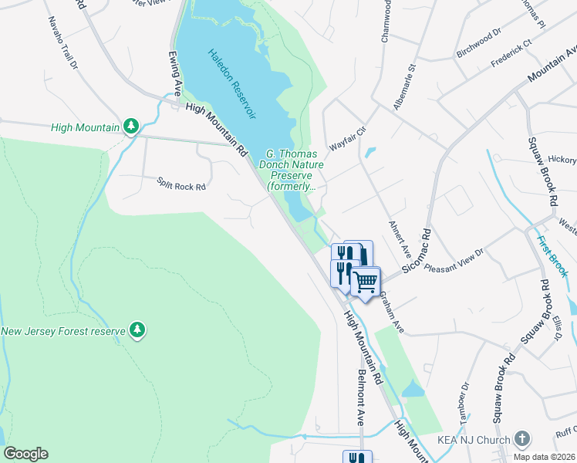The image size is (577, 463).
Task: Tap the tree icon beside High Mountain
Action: tap(131, 126)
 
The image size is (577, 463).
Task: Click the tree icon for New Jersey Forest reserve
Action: tap(137, 330)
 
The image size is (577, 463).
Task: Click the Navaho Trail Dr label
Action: tap(63, 43)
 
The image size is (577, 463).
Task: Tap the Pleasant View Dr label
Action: tap(454, 259)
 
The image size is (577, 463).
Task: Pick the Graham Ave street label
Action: tap(391, 316)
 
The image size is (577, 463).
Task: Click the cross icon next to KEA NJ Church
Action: tap(521, 440)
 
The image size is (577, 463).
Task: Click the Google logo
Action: tap(26, 454)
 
